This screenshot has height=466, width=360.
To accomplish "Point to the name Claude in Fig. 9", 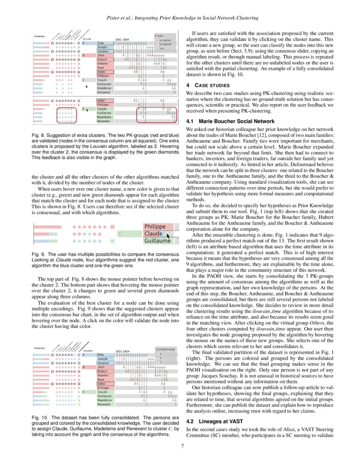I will (x=153, y=233).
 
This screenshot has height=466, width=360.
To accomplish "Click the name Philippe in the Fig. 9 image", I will (x=155, y=227).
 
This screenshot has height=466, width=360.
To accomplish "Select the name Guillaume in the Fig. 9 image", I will (x=157, y=241).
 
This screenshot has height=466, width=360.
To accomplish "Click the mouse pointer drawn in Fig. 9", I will (x=168, y=236).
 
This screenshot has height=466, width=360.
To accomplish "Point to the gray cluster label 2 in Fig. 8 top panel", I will (x=83, y=80).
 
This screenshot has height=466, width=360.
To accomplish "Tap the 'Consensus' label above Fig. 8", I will (x=40, y=36).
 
